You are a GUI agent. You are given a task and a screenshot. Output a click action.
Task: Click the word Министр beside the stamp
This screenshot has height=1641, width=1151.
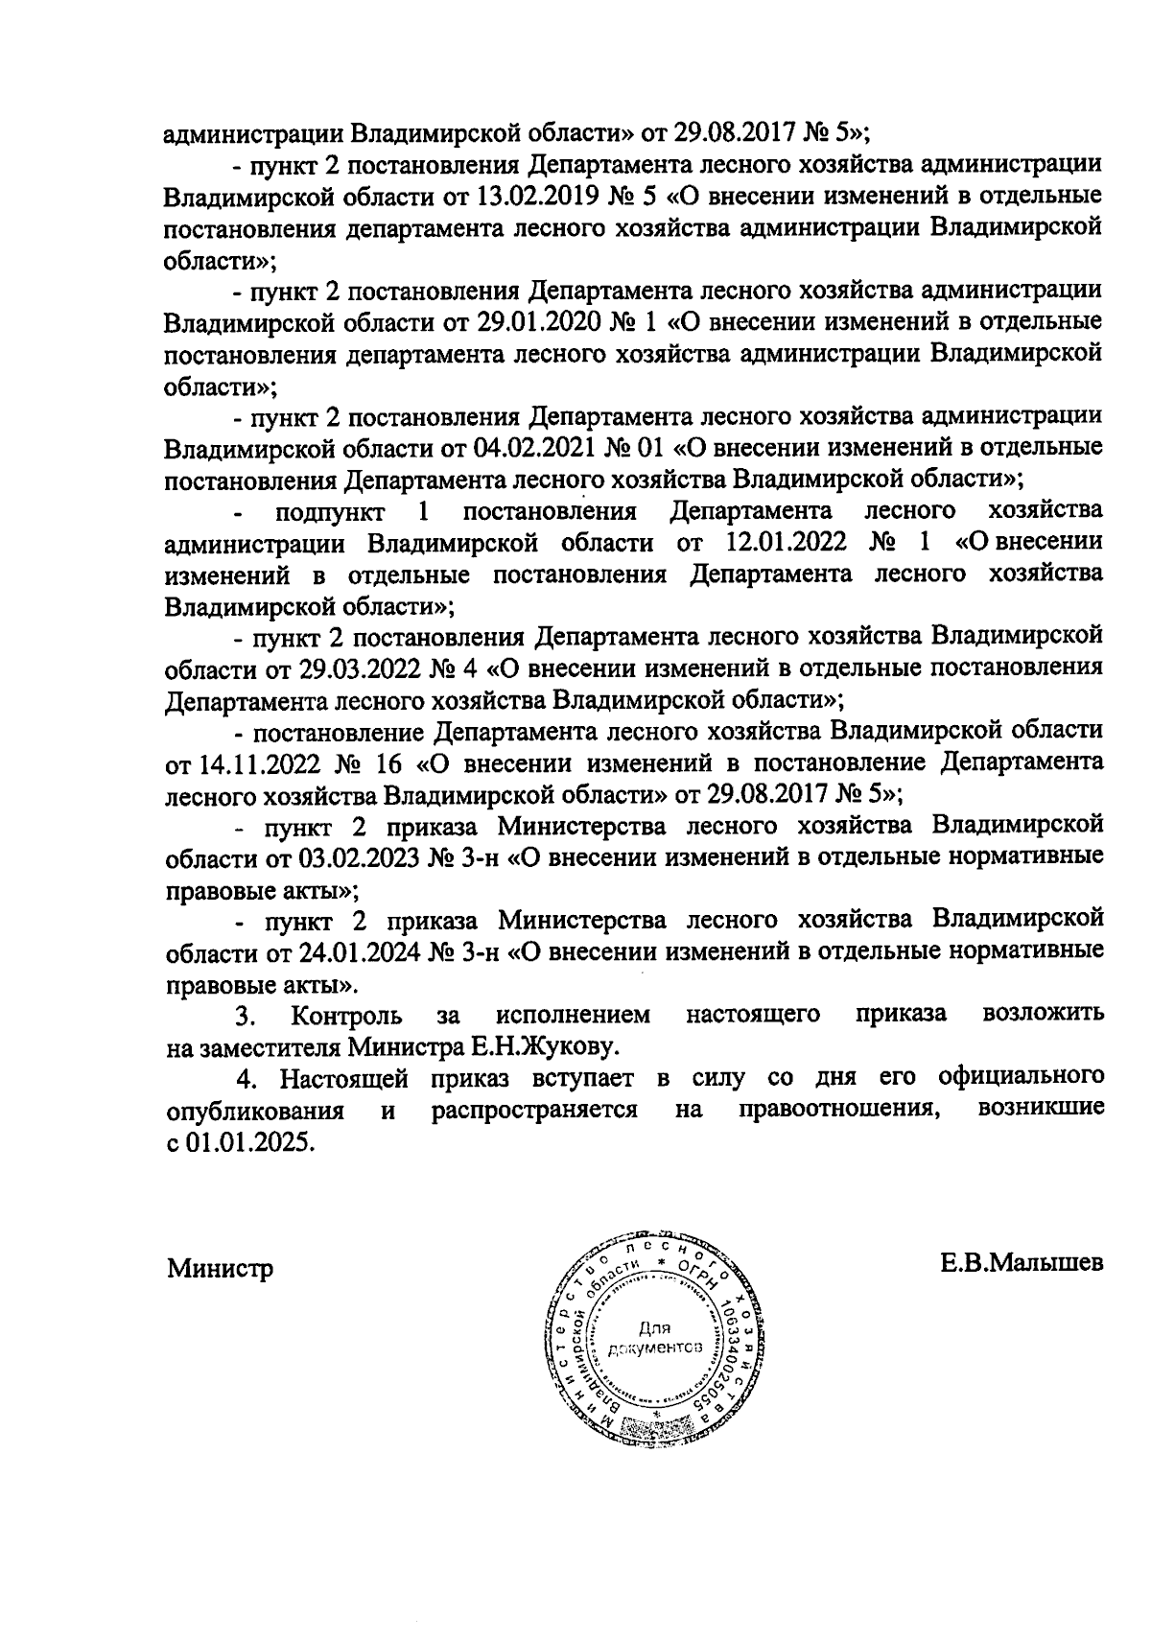pos(221,1268)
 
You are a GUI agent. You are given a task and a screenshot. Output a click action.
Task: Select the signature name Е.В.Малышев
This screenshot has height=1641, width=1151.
pos(1022,1261)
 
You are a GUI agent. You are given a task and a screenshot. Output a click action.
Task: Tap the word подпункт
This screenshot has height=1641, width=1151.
pos(330,510)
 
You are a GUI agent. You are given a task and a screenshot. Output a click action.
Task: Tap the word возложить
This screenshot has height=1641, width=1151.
pos(1044,1014)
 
